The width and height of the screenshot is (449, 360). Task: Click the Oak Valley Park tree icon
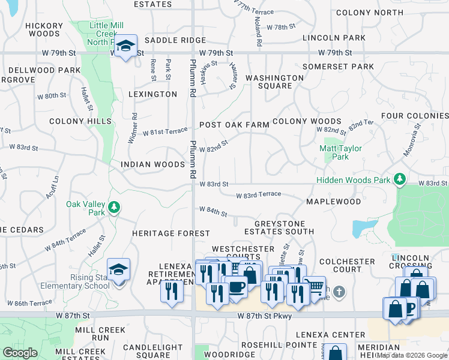click(x=114, y=208)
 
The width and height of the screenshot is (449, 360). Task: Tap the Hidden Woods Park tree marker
click(x=399, y=179)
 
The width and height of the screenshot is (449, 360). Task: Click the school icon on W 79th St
click(x=125, y=46)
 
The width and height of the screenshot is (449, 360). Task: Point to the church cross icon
click(x=339, y=292)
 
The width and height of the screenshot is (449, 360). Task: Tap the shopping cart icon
click(x=314, y=286)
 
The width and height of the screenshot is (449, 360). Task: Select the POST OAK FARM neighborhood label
click(x=234, y=125)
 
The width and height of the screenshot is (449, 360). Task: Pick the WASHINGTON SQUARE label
click(x=274, y=82)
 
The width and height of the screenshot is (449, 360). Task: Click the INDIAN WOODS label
click(x=152, y=164)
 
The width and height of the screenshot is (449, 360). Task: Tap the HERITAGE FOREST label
click(x=171, y=233)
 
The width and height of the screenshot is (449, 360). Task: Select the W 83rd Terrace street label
click(x=258, y=195)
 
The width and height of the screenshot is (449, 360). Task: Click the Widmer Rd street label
click(x=133, y=129)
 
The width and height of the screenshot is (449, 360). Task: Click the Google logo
click(x=20, y=353)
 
